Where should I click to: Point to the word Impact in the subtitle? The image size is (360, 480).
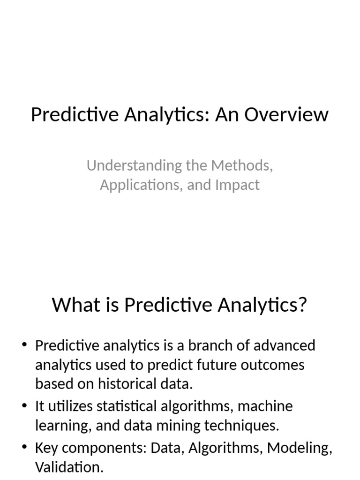click(x=237, y=185)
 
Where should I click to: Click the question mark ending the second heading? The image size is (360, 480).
click(x=302, y=305)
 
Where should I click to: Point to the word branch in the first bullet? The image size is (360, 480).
click(x=207, y=346)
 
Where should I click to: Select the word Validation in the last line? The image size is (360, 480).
click(x=69, y=467)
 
